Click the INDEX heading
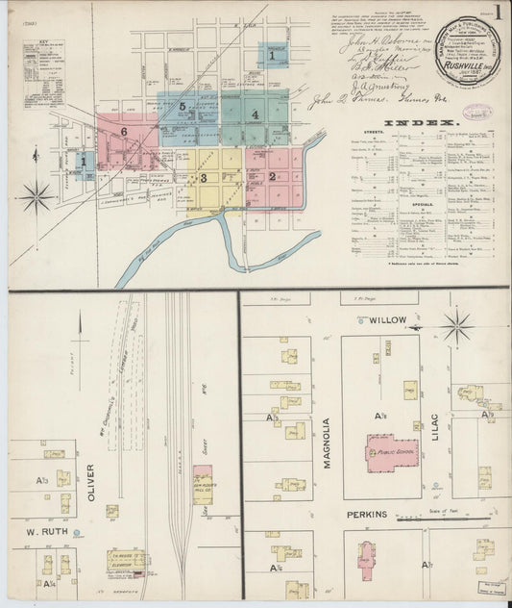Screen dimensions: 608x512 [418, 123]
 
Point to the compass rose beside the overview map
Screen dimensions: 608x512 [37, 197]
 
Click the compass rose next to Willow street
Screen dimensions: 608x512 [457, 327]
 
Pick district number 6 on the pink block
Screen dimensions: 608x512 [124, 130]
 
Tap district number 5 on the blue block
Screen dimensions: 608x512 [181, 107]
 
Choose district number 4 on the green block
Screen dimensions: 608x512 [255, 114]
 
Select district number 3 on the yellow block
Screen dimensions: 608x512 [203, 177]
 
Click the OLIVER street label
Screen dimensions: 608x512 [91, 480]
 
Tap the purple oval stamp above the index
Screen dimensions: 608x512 [476, 112]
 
